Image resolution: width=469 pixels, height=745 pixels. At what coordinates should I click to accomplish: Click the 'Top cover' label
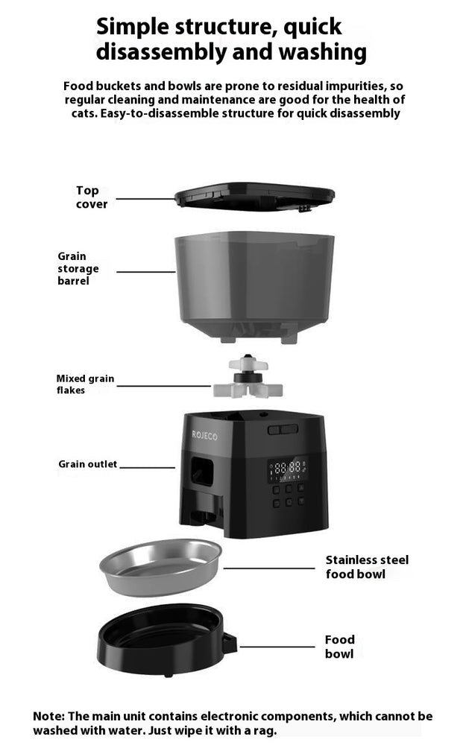(91, 197)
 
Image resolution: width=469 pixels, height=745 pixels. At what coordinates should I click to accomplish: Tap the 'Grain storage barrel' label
(78, 269)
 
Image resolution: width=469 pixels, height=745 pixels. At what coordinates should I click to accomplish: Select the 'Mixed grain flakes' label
(85, 384)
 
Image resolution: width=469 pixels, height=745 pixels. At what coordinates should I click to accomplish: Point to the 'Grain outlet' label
(87, 464)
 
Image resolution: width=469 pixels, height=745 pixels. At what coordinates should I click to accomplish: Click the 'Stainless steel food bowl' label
(366, 567)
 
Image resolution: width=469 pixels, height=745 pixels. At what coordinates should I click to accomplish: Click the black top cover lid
(254, 195)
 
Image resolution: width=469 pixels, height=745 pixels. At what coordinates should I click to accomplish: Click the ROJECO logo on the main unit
(204, 435)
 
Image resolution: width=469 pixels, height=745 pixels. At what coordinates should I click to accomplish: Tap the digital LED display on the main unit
(287, 469)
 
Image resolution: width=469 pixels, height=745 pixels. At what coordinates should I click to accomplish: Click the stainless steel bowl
(160, 565)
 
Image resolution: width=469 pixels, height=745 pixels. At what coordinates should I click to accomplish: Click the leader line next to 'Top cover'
(146, 199)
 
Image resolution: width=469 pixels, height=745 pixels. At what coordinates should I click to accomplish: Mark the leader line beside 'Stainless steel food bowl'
(268, 568)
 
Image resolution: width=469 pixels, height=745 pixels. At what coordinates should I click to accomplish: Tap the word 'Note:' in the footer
(51, 717)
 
